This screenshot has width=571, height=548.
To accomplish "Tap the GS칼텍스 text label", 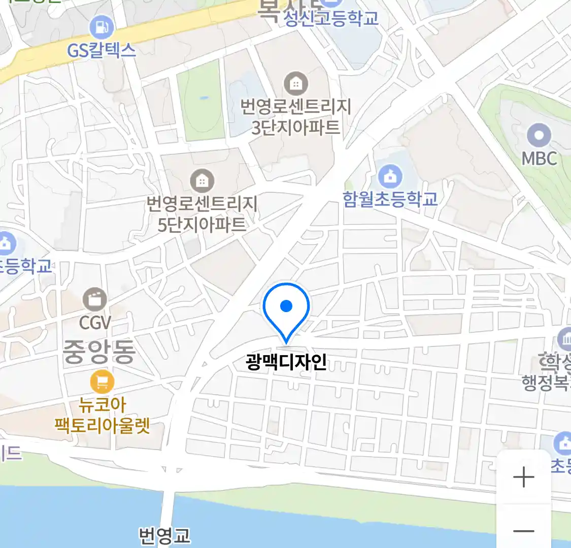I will pos(102,50).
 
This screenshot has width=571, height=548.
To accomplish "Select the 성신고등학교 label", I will pos(331,19).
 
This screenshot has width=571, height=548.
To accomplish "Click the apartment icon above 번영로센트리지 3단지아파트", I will pos(296,84).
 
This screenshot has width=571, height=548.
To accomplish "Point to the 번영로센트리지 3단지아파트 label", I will pos(296,117).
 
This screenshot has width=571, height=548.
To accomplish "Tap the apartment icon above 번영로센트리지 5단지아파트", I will pos(202,181).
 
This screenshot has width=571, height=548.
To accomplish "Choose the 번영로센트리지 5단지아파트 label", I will pos(202,214).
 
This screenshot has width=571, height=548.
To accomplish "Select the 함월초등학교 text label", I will pos(390,198).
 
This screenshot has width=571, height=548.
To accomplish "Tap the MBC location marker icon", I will pos(539,135).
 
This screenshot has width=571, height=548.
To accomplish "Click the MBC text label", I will pos(539,158).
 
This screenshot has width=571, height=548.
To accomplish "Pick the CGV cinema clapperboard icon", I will pos(95,299).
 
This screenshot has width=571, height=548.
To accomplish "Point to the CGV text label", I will pos(95,322).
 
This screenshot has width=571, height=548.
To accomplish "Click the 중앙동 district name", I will pos(99,351).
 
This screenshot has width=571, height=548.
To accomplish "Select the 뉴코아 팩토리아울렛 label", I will pos(102,415).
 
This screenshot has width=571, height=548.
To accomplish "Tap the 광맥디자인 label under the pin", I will pos(286,362).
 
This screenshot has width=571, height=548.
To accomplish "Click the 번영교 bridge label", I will pos(164,536).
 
